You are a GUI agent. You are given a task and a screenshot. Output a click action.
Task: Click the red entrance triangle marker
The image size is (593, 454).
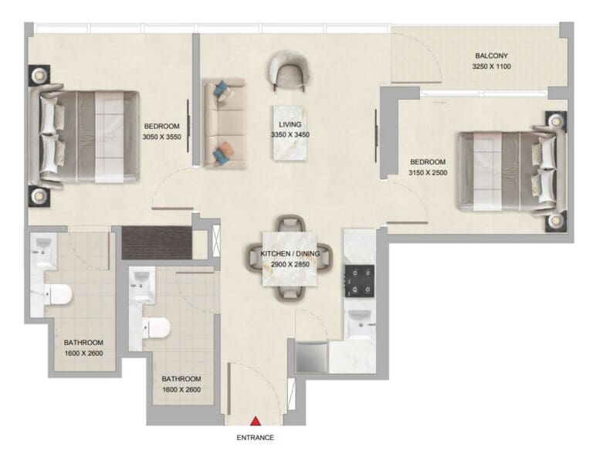(x=256, y=421)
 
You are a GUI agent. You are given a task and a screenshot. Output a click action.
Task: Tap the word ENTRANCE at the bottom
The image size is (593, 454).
(x=255, y=438)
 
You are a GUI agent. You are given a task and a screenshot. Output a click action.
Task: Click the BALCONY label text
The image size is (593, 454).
(x=491, y=56)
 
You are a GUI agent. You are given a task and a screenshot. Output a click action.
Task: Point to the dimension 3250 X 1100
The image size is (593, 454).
(x=491, y=67)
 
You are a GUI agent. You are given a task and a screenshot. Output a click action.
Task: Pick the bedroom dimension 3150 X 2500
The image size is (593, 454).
(x=428, y=172)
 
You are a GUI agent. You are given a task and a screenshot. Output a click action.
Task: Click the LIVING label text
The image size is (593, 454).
(x=290, y=124)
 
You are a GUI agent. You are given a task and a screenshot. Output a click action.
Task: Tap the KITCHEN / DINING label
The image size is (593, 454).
(x=290, y=254)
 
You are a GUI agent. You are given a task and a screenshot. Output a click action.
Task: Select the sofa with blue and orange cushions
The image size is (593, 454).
(x=224, y=124)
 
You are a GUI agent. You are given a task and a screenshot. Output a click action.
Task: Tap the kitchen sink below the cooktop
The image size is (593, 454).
(x=360, y=324)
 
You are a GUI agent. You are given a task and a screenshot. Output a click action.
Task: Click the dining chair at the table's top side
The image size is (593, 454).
(x=290, y=224)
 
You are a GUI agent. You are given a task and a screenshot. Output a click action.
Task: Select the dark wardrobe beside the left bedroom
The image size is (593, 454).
(x=158, y=242)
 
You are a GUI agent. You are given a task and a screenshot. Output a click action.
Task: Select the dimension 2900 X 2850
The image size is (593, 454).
(x=290, y=264)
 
